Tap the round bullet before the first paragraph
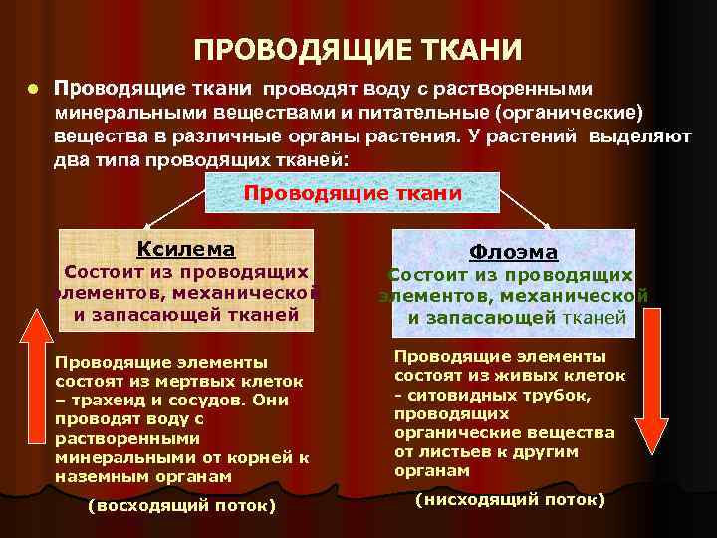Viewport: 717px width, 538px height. coord(32,87)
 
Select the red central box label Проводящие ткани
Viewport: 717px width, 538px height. coord(353,193)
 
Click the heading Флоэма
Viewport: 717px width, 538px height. coord(513,252)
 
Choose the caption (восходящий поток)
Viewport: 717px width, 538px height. coord(181,505)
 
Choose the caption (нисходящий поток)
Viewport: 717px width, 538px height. coord(510,498)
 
